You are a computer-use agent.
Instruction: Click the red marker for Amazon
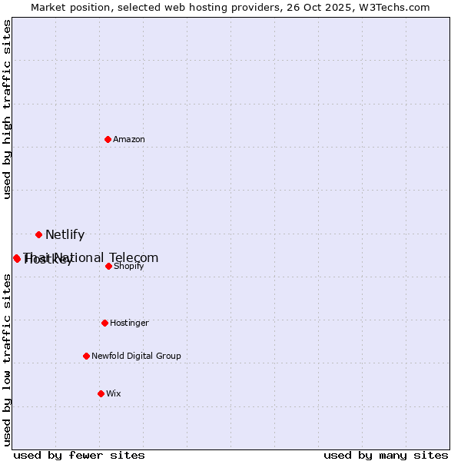(108, 139)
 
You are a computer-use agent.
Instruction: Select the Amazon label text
(129, 139)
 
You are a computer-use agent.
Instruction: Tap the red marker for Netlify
(38, 234)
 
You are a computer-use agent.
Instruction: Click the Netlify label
(65, 235)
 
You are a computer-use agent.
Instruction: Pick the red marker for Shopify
(108, 266)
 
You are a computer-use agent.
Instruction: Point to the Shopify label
(129, 266)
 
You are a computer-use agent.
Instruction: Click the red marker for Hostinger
(104, 323)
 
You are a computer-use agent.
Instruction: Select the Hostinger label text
(129, 323)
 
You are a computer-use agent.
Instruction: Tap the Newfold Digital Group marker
(86, 356)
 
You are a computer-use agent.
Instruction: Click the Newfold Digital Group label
(136, 356)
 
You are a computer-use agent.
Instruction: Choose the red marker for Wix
(101, 393)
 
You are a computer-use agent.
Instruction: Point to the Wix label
(114, 393)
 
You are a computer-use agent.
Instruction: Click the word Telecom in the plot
(134, 257)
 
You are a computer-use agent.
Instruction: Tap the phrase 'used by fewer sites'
(79, 455)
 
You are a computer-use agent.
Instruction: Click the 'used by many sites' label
(386, 455)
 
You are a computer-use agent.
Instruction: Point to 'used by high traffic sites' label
(7, 109)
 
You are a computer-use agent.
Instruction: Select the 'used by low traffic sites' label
(7, 360)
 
